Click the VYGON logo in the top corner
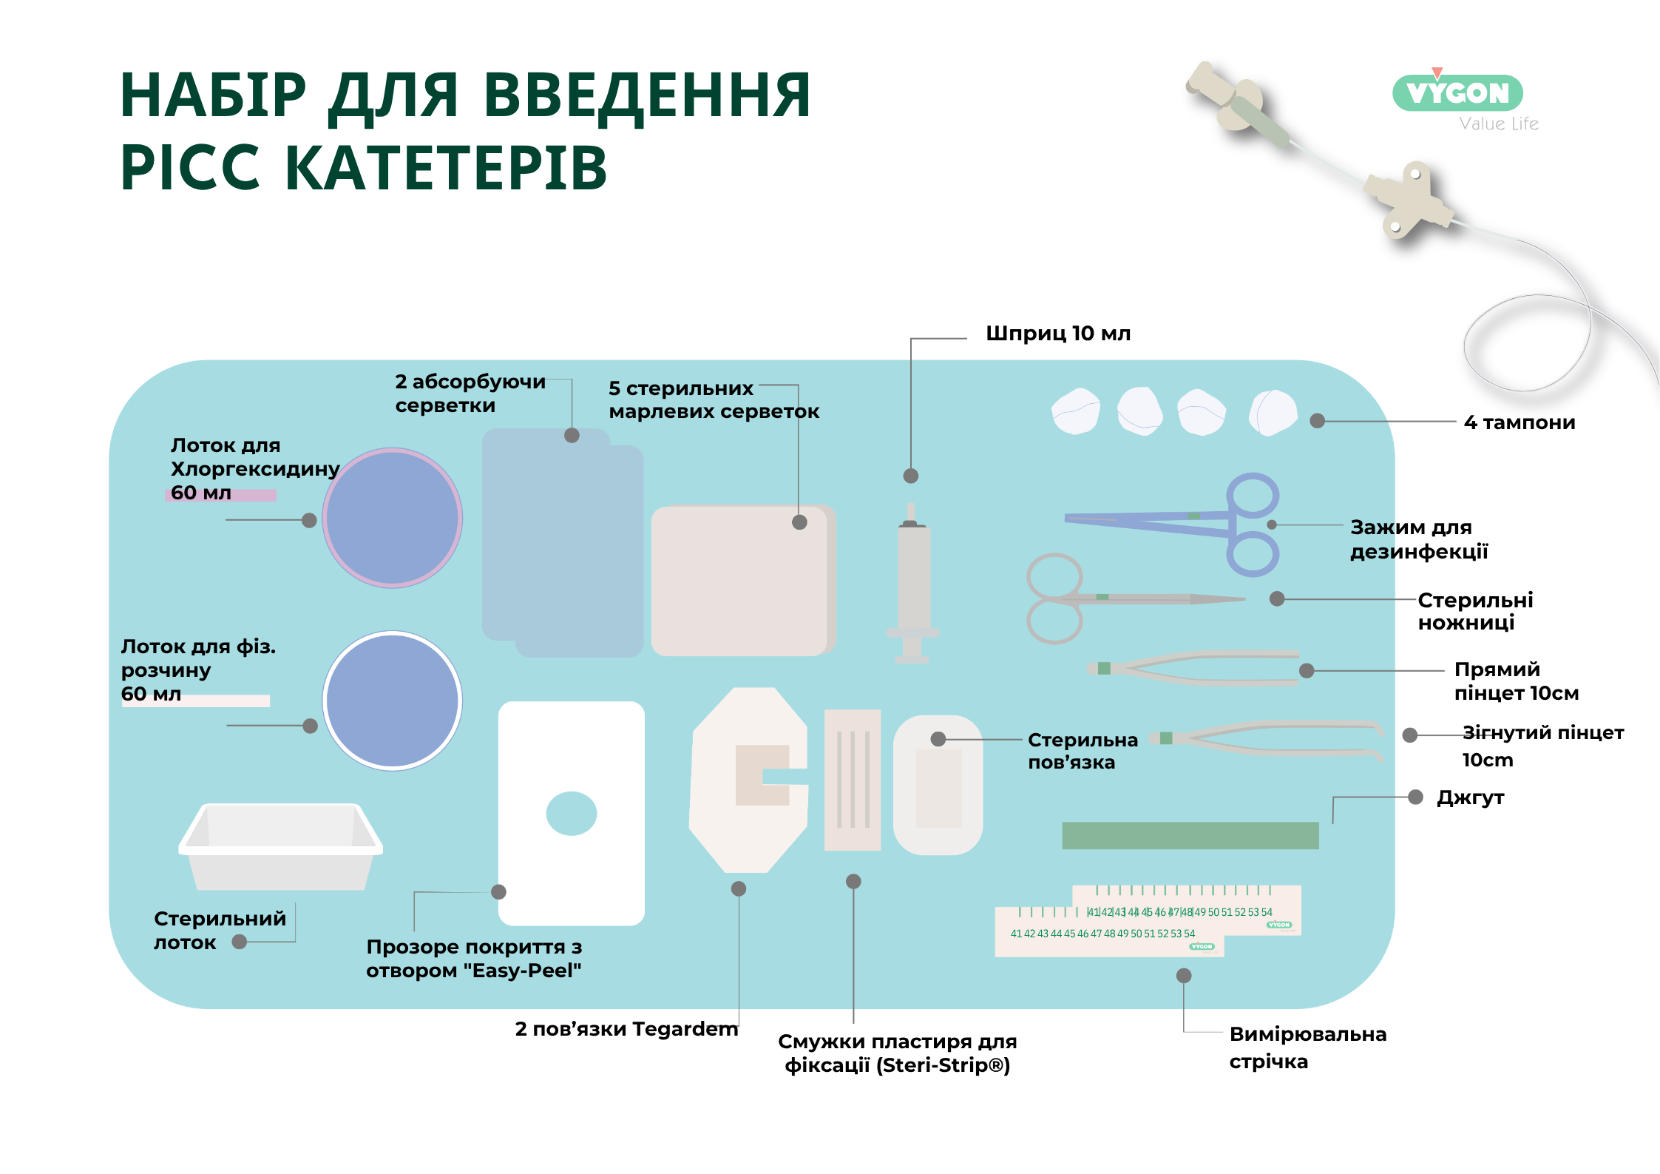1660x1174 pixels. tap(1457, 92)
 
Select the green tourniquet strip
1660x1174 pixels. tap(1190, 835)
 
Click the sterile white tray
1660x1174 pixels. tap(280, 847)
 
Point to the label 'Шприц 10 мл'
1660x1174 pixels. tap(1058, 334)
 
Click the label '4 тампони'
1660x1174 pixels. tap(1520, 422)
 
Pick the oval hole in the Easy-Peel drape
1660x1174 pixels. tap(572, 813)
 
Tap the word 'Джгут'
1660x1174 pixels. tap(1470, 798)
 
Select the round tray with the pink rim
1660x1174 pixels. tap(393, 518)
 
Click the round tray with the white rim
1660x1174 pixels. tap(393, 701)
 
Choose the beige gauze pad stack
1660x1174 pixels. tap(743, 580)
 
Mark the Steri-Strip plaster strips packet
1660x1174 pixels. tap(853, 780)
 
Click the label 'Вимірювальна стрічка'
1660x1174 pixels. tap(1307, 1048)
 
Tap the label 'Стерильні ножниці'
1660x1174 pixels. tap(1475, 611)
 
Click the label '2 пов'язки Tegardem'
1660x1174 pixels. tap(626, 1029)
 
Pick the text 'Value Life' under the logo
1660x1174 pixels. tap(1499, 124)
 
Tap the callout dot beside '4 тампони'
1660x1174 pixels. tap(1317, 421)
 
